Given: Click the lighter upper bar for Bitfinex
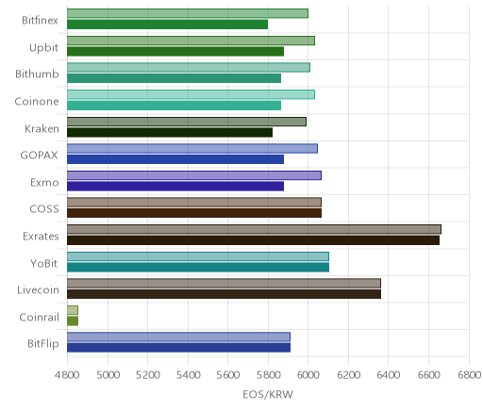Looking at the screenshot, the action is [x=188, y=13].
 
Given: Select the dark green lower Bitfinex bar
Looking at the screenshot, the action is [x=167, y=25].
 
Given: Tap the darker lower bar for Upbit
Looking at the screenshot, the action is [x=175, y=51].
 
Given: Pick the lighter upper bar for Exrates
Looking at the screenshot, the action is [x=254, y=229].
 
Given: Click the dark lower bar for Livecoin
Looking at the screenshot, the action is [x=224, y=294].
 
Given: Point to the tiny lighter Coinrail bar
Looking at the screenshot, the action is [x=73, y=310].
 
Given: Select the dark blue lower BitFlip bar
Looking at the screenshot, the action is [x=178, y=348].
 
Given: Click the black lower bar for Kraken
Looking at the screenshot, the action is [x=170, y=132].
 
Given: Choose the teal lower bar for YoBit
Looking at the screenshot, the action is [x=198, y=268].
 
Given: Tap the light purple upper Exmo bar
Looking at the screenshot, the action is [x=194, y=175].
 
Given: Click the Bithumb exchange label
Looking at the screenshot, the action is [x=37, y=74].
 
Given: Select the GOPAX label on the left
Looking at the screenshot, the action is [x=40, y=156].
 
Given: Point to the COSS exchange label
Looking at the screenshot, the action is [x=44, y=209].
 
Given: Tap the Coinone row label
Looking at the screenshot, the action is [x=37, y=101].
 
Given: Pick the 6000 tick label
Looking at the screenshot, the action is [x=308, y=374].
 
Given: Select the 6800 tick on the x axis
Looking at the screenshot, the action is [x=469, y=374].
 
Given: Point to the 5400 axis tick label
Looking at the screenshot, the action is [x=188, y=374].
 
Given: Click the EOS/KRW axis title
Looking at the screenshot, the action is [x=268, y=394].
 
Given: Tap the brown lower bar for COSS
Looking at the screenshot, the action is [x=194, y=213].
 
